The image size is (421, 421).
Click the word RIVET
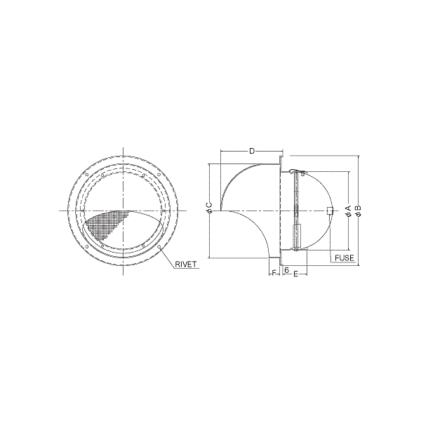point(185,264)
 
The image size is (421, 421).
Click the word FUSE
point(345,258)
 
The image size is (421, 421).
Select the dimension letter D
point(252,151)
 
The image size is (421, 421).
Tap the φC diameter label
point(210,208)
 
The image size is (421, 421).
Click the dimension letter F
point(274,273)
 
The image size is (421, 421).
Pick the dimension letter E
point(295,274)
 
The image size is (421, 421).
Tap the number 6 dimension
point(286,269)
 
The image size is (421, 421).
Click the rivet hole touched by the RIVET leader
point(159,246)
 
